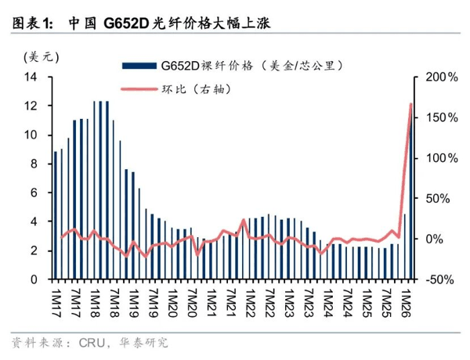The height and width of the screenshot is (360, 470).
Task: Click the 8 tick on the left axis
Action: point(34,164)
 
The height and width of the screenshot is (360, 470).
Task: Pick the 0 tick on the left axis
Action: point(34,279)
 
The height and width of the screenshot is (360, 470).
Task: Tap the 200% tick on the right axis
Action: point(439,77)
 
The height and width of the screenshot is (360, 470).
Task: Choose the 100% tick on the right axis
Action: point(439,158)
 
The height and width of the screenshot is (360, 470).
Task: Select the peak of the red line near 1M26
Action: point(411,104)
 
